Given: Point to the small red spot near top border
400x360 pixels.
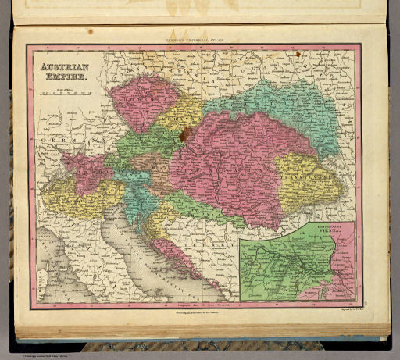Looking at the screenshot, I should (x=297, y=54).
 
